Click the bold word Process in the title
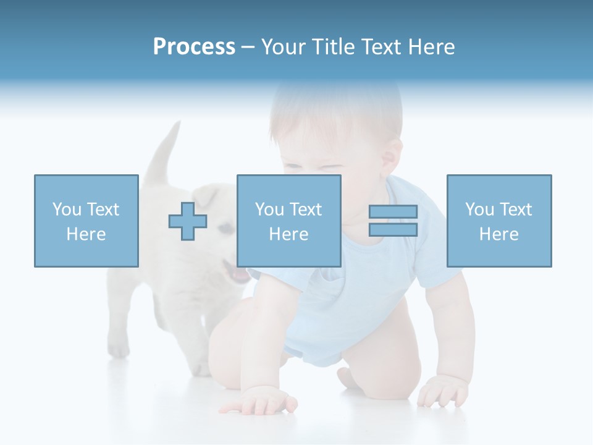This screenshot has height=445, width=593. click(194, 47)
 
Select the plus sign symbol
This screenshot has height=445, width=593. click(188, 221)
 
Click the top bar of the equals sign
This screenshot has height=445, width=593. click(393, 211)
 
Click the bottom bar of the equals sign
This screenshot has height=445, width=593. click(393, 229)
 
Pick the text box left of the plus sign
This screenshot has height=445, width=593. click(86, 221)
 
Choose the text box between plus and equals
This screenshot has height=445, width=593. click(288, 221)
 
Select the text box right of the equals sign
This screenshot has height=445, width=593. click(499, 221)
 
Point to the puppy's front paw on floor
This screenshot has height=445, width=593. click(119, 350)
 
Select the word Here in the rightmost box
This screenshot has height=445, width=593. click(499, 234)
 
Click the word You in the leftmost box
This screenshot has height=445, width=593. click(67, 210)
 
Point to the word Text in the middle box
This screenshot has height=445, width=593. click(305, 210)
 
